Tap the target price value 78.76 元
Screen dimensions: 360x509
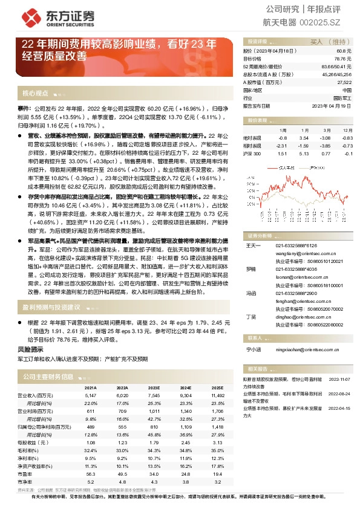pos(343,59)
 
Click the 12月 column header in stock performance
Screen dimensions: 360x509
pos(346,130)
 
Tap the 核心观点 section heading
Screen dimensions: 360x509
pos(35,94)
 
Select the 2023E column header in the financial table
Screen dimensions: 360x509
pos(154,387)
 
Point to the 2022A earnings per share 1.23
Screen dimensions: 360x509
pos(122,442)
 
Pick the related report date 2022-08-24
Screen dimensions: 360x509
pos(341,392)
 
